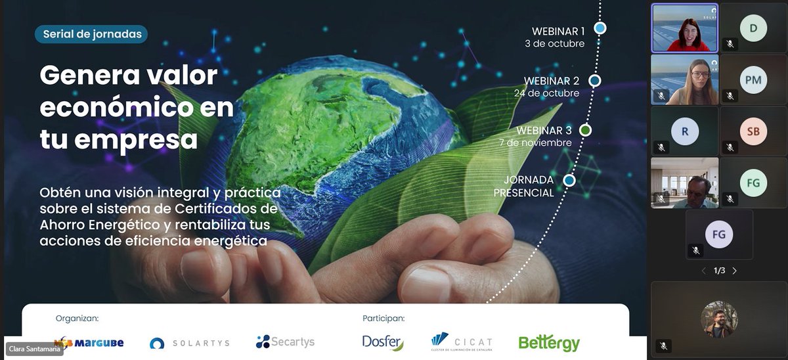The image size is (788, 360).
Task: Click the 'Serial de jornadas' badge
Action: pyautogui.click(x=91, y=34)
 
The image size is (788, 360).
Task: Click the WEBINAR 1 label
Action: pyautogui.click(x=558, y=31)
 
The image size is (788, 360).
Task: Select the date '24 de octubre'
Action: pyautogui.click(x=546, y=93)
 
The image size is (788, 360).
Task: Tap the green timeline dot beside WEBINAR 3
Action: pyautogui.click(x=585, y=130)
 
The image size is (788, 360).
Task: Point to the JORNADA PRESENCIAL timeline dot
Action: pyautogui.click(x=569, y=180)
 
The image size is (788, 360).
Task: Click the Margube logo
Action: pyautogui.click(x=89, y=342)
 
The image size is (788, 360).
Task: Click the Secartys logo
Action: pyautogui.click(x=285, y=342)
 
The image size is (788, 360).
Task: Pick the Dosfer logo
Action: pyautogui.click(x=383, y=342)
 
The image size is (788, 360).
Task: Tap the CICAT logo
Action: pyautogui.click(x=462, y=342)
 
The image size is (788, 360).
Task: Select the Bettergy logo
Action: pyautogui.click(x=549, y=343)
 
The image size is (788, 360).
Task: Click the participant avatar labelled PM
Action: pyautogui.click(x=753, y=80)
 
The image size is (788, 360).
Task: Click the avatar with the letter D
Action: pyautogui.click(x=753, y=28)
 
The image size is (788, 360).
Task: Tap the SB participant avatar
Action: pyautogui.click(x=753, y=131)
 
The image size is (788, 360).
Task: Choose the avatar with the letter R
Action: pyautogui.click(x=685, y=131)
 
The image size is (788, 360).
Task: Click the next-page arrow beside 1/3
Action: pyautogui.click(x=735, y=271)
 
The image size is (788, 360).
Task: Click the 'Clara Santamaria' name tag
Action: pyautogui.click(x=33, y=349)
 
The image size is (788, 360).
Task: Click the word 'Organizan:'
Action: pyautogui.click(x=77, y=319)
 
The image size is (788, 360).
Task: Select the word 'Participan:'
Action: pyautogui.click(x=383, y=319)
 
